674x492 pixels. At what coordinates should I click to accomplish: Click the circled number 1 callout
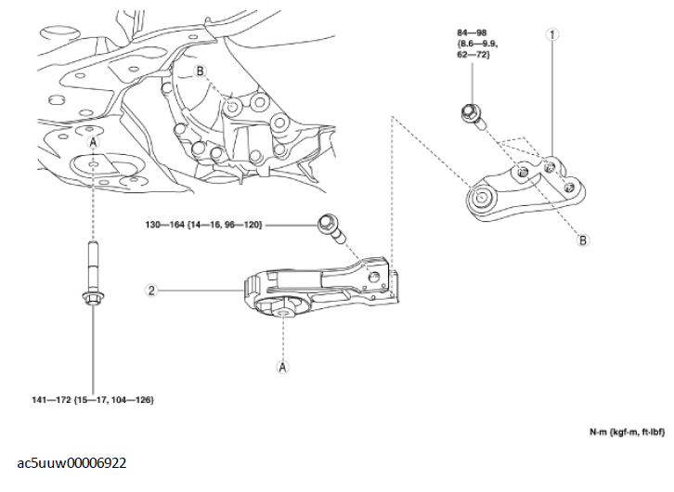tap(552, 34)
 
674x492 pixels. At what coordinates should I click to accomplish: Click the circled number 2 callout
tap(151, 291)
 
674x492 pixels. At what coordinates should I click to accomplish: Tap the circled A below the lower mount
tap(282, 367)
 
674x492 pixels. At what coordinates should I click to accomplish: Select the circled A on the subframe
tap(93, 142)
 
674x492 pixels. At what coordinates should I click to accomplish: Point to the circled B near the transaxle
tap(200, 71)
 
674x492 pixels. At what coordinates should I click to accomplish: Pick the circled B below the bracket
tap(582, 240)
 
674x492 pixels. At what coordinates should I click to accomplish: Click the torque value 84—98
tap(472, 32)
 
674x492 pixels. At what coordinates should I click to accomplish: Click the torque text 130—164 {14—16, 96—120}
tap(203, 225)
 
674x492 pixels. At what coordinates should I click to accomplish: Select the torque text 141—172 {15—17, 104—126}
tap(93, 400)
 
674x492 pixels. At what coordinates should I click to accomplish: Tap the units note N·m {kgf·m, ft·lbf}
tap(627, 432)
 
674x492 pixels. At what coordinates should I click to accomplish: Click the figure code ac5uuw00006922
tap(71, 463)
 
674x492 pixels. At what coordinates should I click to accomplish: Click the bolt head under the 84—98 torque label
tap(470, 112)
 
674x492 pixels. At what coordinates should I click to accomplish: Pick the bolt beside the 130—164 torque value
tap(331, 228)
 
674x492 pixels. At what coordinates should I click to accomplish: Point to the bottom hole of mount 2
tap(283, 314)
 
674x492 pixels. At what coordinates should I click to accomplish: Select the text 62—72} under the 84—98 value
tap(473, 55)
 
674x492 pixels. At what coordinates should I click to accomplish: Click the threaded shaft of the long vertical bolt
tap(93, 266)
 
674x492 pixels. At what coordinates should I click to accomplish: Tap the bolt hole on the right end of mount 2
tap(374, 277)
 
